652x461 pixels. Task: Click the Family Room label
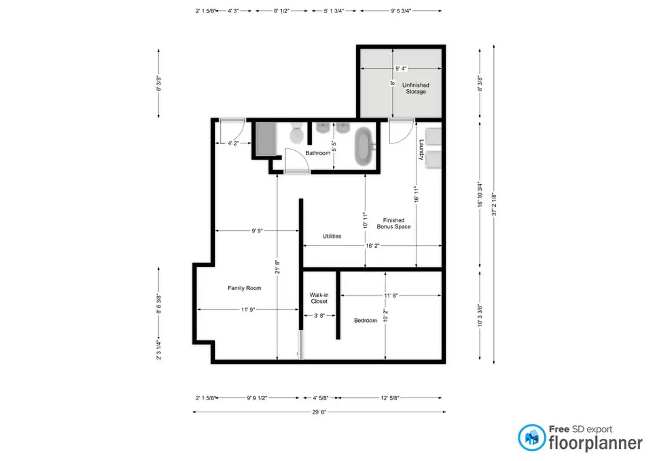pyautogui.click(x=244, y=288)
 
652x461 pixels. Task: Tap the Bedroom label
pyautogui.click(x=365, y=320)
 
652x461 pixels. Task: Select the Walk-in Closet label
pyautogui.click(x=319, y=298)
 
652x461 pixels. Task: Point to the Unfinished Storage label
pyautogui.click(x=415, y=88)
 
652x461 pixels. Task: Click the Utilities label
pyautogui.click(x=332, y=236)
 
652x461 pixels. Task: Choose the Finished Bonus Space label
pyautogui.click(x=393, y=223)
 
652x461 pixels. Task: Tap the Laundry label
pyautogui.click(x=421, y=150)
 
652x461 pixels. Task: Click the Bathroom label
pyautogui.click(x=318, y=153)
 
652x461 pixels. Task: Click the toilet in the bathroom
pyautogui.click(x=296, y=133)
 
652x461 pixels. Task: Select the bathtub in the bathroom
pyautogui.click(x=364, y=146)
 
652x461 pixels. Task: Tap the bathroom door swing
pyautogui.click(x=295, y=160)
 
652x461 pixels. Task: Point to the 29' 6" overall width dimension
pyautogui.click(x=319, y=412)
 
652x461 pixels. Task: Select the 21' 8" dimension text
pyautogui.click(x=277, y=267)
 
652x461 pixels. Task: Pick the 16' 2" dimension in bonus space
pyautogui.click(x=372, y=245)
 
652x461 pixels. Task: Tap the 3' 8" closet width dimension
pyautogui.click(x=319, y=315)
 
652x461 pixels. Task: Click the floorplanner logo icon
pyautogui.click(x=532, y=438)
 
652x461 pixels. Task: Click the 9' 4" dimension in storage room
pyautogui.click(x=401, y=68)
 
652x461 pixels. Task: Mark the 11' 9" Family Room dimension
pyautogui.click(x=248, y=309)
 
